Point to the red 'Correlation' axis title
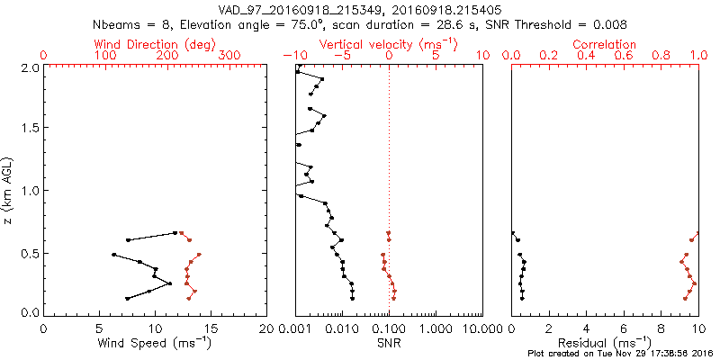(x=605, y=44)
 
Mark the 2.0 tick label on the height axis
(x=29, y=67)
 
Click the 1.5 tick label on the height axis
(x=29, y=129)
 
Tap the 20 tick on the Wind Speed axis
(x=266, y=328)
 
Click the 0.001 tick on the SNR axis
(x=295, y=328)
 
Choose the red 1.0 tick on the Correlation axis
(x=698, y=56)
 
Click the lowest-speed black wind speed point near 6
(x=113, y=255)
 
